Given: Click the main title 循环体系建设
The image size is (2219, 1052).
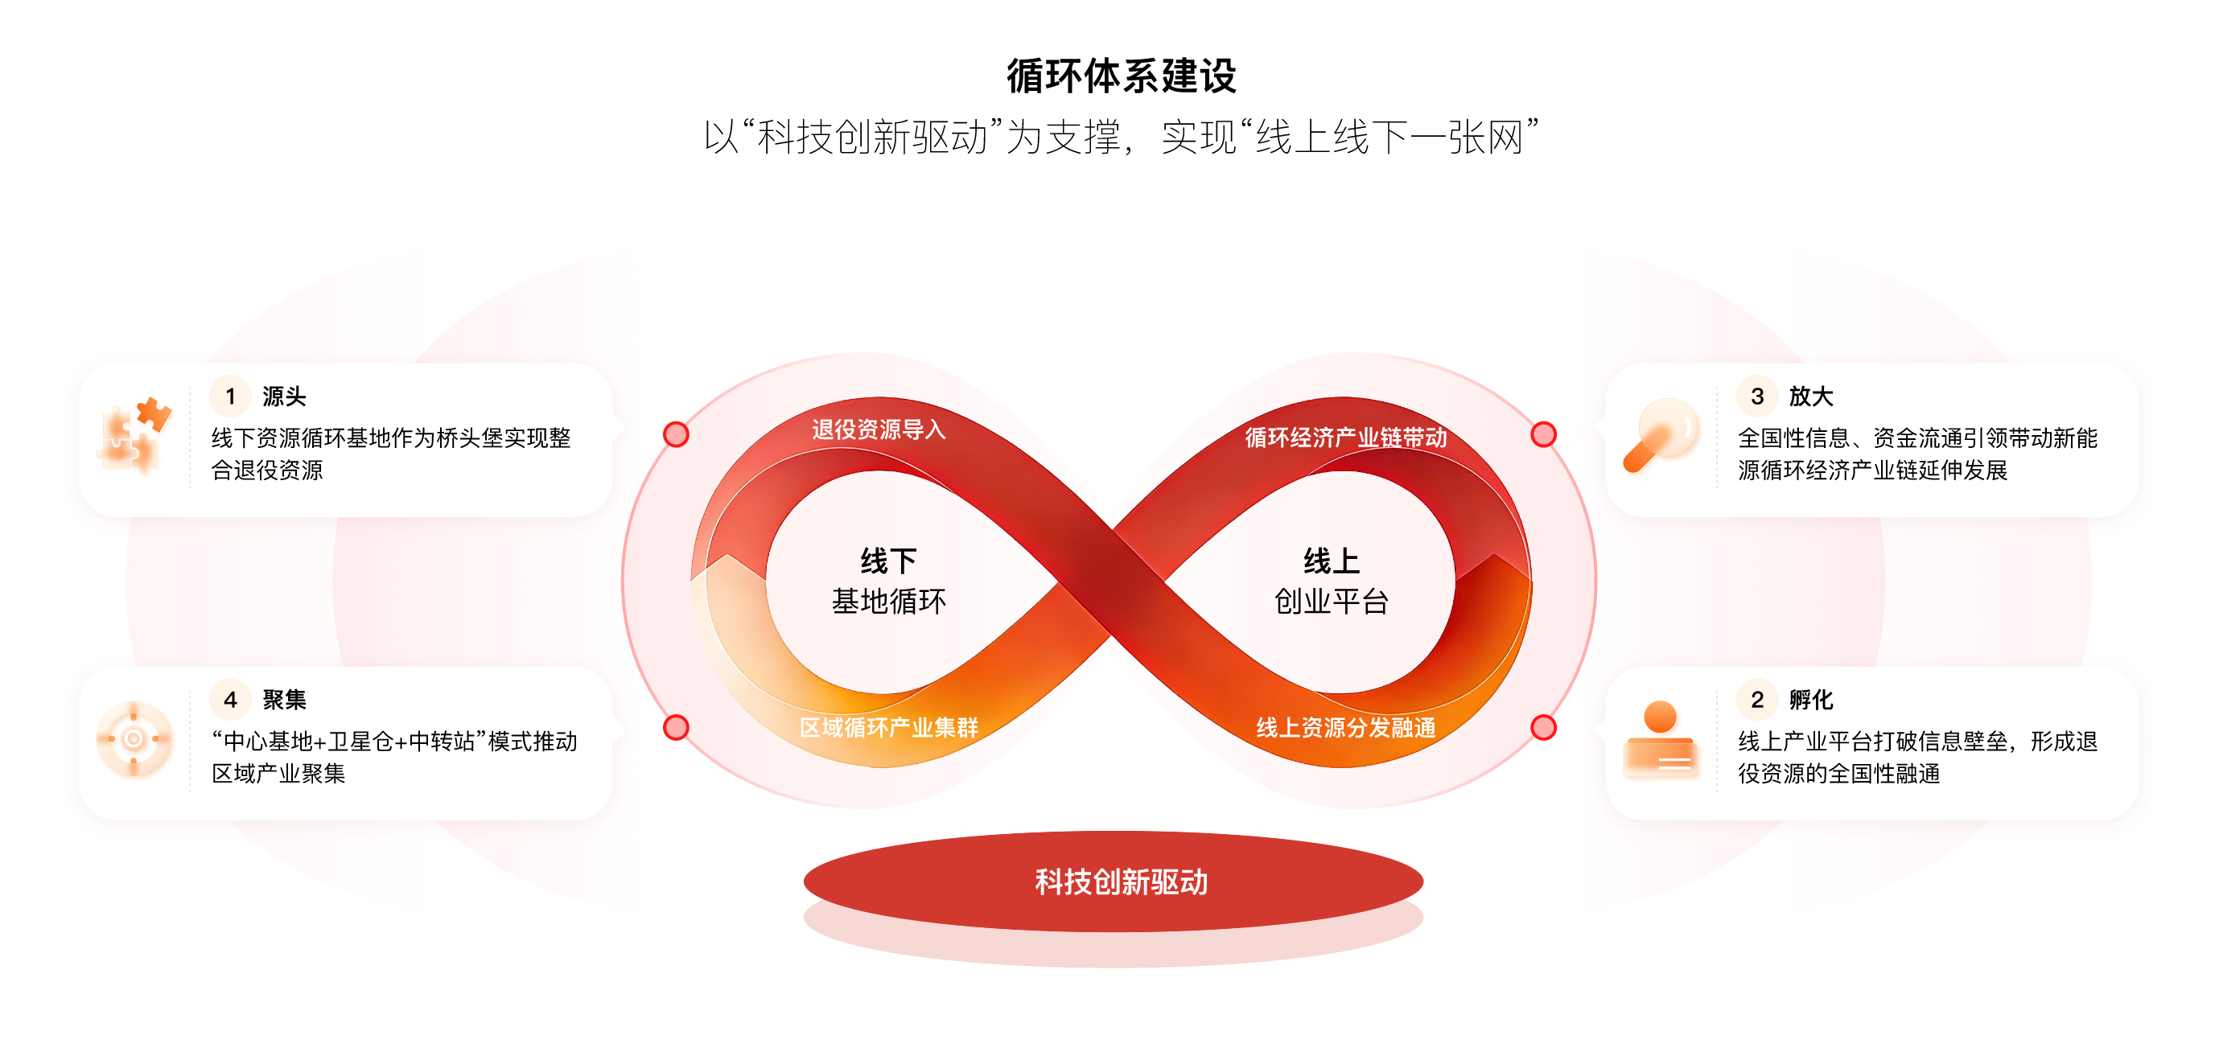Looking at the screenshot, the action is (x=1121, y=76).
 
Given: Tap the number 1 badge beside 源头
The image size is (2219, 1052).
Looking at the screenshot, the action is (x=230, y=396).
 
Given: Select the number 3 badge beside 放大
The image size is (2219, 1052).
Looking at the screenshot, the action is (x=1757, y=396).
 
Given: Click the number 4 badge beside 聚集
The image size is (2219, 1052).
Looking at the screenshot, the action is (x=230, y=699).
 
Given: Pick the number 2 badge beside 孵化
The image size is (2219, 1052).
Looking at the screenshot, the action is (x=1757, y=699).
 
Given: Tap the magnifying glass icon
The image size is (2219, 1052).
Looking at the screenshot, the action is (x=1661, y=435).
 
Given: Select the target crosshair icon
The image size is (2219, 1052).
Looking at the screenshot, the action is (x=134, y=738).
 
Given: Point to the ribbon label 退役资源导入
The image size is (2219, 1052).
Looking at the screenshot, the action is (x=879, y=429).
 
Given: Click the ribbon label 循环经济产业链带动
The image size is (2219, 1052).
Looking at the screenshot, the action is (x=1345, y=438).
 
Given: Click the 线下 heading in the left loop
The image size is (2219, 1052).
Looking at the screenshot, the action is (x=889, y=561).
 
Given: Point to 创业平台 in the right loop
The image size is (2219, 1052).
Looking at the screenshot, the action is (x=1331, y=601).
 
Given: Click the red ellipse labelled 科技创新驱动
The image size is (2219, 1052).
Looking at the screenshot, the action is (x=1113, y=881).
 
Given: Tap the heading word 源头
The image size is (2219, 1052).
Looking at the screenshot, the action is (x=284, y=396).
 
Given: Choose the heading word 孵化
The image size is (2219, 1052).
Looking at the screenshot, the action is (x=1811, y=699).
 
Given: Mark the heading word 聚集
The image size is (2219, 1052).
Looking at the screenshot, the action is (x=284, y=699).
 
